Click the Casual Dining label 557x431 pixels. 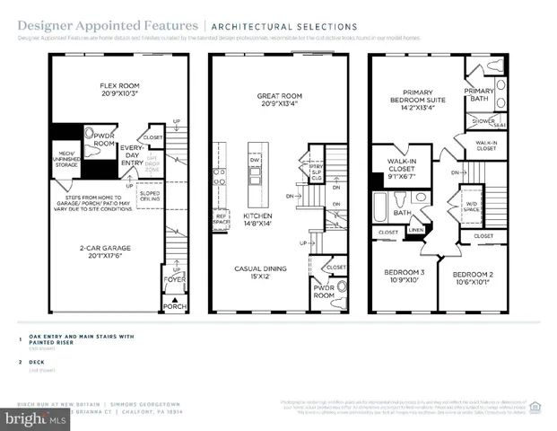[x=260, y=273]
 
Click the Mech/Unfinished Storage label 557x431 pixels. [x=67, y=158]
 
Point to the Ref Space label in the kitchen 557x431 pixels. [x=221, y=218]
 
